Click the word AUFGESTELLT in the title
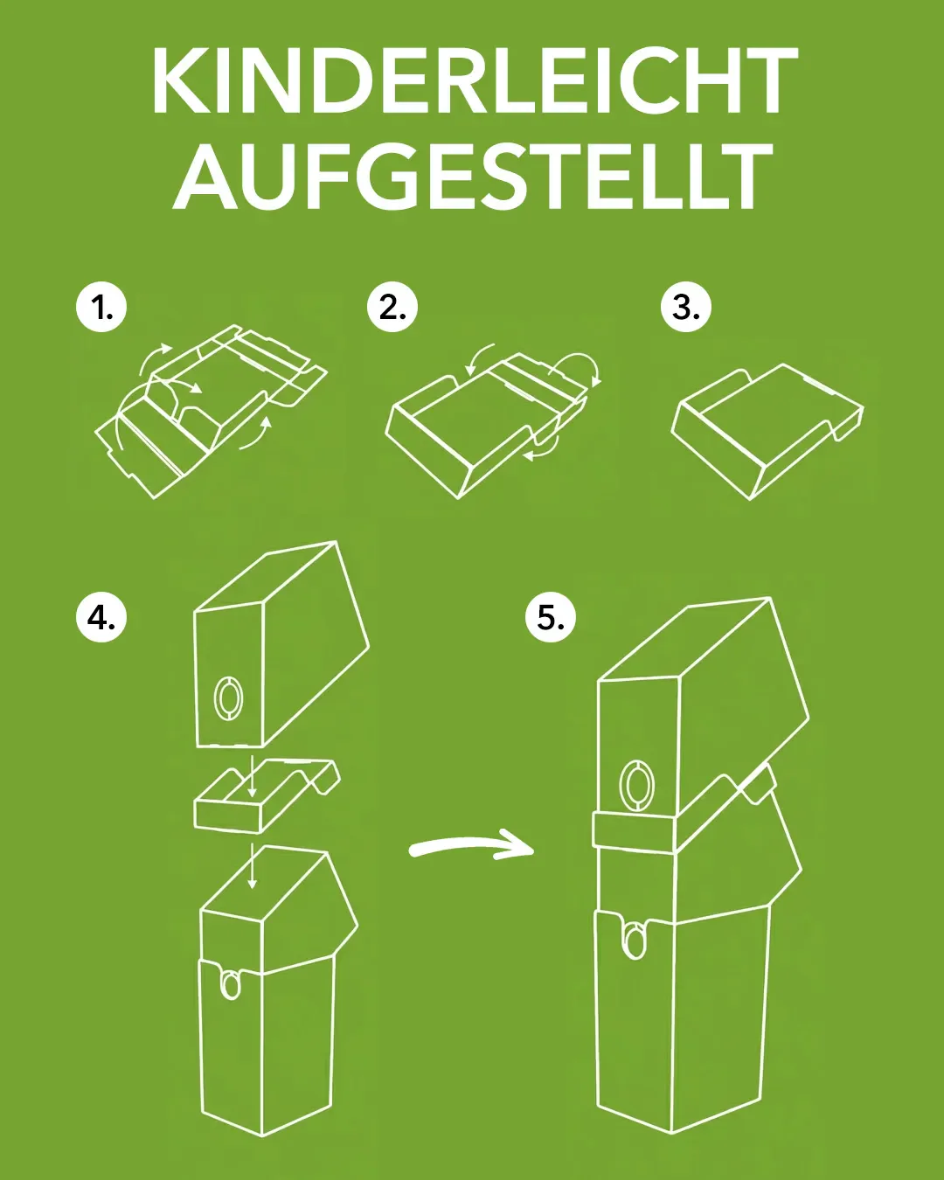(x=473, y=178)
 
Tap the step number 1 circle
(x=101, y=307)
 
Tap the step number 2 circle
(x=392, y=307)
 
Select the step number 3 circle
(x=686, y=307)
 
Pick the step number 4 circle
(x=101, y=618)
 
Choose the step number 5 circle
(x=551, y=618)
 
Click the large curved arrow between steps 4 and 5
(x=472, y=846)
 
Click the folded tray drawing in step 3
(x=765, y=428)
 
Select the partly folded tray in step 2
(x=481, y=424)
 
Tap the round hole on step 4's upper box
(x=230, y=698)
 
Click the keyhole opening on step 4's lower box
(x=230, y=983)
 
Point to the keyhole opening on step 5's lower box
(x=635, y=940)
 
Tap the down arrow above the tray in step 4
(x=252, y=776)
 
